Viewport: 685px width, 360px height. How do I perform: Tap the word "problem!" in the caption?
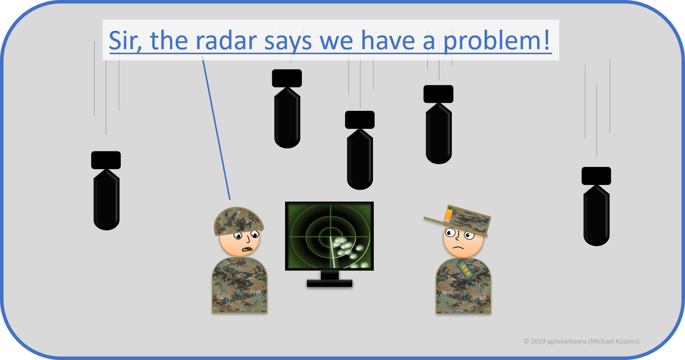[497, 41]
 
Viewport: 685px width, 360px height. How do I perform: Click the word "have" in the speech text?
[388, 41]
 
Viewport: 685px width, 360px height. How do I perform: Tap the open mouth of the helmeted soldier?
[247, 249]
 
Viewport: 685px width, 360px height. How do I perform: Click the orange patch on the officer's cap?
[448, 214]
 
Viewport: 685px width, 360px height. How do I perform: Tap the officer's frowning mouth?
[459, 248]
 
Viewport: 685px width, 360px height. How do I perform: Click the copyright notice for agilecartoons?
[581, 341]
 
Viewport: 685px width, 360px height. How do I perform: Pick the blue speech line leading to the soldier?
[216, 128]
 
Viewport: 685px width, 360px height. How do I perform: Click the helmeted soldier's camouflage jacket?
[239, 285]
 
